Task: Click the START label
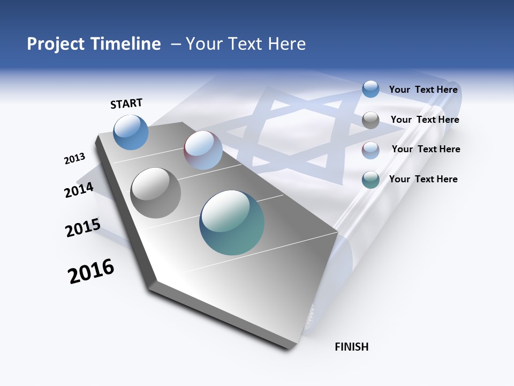point(126,103)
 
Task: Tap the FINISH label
point(351,347)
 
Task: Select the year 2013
point(75,159)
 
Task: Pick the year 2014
point(79,190)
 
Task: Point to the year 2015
point(82,228)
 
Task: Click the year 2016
point(91,271)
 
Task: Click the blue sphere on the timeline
point(131,132)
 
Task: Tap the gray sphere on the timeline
point(156,192)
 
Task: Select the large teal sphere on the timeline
point(232,222)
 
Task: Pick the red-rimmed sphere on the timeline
point(203,150)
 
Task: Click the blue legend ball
point(371,89)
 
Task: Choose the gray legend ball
point(371,120)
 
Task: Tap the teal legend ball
point(371,180)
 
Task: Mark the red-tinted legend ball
point(371,150)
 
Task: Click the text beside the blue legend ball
point(423,90)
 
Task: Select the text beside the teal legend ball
point(423,179)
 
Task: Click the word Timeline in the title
point(127,44)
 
